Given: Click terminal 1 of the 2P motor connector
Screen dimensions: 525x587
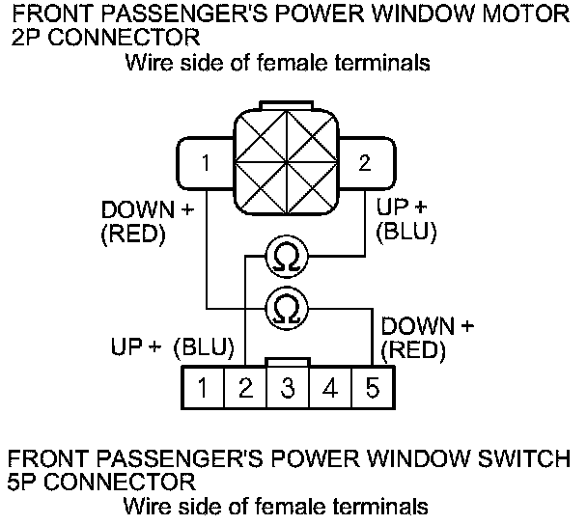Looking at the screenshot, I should coord(206,163).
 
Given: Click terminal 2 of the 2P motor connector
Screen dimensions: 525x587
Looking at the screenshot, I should coord(364,163).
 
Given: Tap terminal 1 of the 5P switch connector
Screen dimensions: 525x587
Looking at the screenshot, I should coord(205,390).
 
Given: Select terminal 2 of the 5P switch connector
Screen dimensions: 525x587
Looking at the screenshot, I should coord(246,390).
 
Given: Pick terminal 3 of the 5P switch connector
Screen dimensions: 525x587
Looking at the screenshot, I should coord(288,390).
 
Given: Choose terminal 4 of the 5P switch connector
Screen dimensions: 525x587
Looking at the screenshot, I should coord(330,390).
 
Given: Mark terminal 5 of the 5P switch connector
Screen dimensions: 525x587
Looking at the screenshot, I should coord(372,390).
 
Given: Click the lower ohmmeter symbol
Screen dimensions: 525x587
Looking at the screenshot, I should coord(285,308).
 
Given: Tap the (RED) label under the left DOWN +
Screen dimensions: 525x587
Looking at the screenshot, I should coord(133,235).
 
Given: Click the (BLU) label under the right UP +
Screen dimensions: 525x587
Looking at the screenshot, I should coord(405,233).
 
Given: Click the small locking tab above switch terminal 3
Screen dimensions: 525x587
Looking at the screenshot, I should coord(288,362).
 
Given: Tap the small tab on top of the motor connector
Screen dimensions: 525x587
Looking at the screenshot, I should coord(286,102).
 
